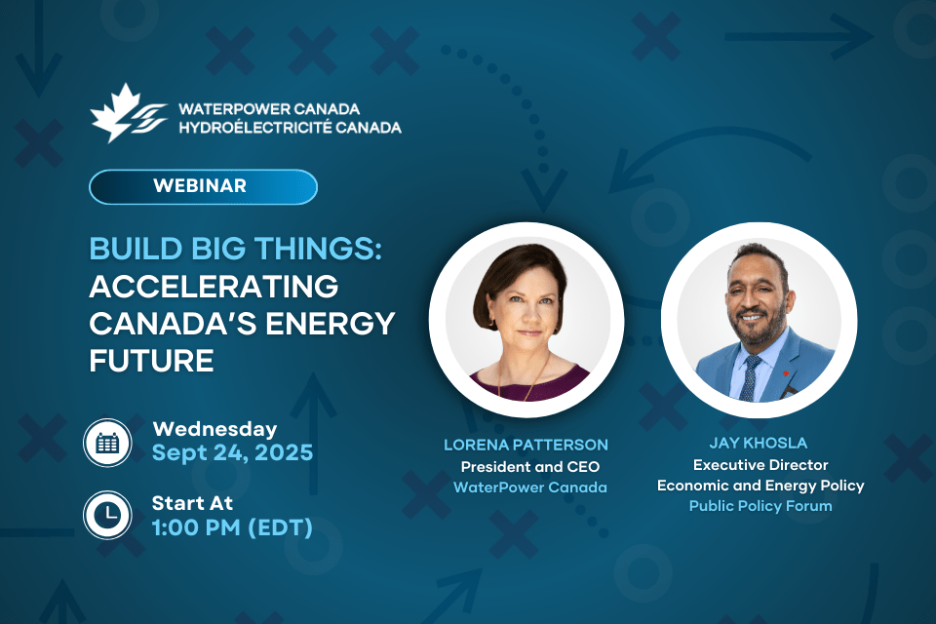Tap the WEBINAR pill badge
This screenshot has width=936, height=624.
click(203, 186)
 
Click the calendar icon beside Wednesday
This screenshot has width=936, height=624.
click(107, 443)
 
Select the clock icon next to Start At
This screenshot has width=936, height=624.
click(107, 515)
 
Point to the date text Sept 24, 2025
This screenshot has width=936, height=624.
click(232, 453)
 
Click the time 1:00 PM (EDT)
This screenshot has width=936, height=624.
click(232, 527)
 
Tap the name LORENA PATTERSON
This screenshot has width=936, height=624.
click(526, 445)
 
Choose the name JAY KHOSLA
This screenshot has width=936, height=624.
click(759, 443)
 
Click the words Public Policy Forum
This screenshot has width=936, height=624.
click(760, 506)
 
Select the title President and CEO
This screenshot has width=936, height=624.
click(530, 466)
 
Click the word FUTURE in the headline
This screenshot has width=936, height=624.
click(152, 361)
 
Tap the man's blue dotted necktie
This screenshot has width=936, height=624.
click(749, 377)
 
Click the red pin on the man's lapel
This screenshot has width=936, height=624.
click(786, 373)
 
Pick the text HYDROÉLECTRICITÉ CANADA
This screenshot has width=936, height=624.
click(291, 128)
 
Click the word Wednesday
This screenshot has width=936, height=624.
click(214, 429)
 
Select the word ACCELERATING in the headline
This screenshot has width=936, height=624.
click(214, 286)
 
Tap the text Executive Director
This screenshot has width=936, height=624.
click(760, 464)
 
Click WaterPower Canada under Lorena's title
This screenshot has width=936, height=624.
click(530, 487)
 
